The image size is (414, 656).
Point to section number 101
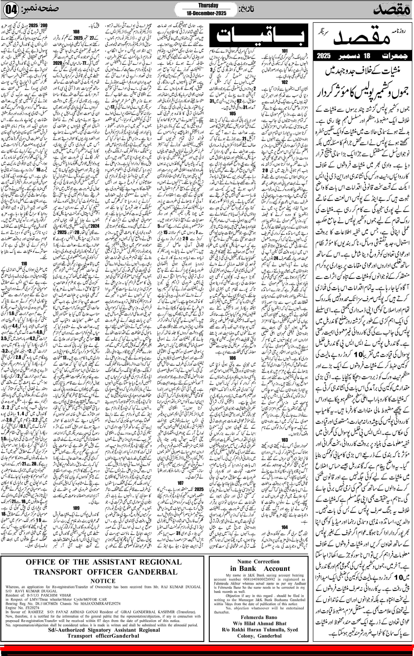[284, 51]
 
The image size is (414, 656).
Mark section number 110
[24, 264]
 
